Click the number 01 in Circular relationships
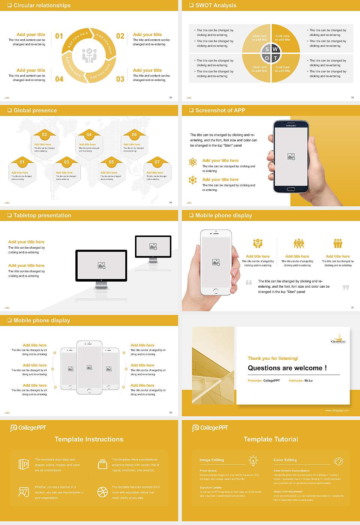point(59,36)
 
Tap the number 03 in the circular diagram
point(120,79)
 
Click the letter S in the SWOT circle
point(267,49)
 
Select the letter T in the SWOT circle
point(276,58)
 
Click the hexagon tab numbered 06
point(134,135)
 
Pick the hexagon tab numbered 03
point(66,162)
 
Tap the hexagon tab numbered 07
point(157,162)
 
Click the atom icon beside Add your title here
point(193,162)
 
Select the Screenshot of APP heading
point(220,110)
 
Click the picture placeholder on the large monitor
point(102,265)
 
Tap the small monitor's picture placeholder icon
point(153,246)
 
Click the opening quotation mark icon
point(249,282)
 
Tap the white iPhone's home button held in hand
point(216,291)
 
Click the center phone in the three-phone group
point(89,367)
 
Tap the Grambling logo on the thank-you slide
point(338,339)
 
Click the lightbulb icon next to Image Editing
point(253,460)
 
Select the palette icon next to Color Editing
point(338,461)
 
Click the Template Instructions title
point(89,439)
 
